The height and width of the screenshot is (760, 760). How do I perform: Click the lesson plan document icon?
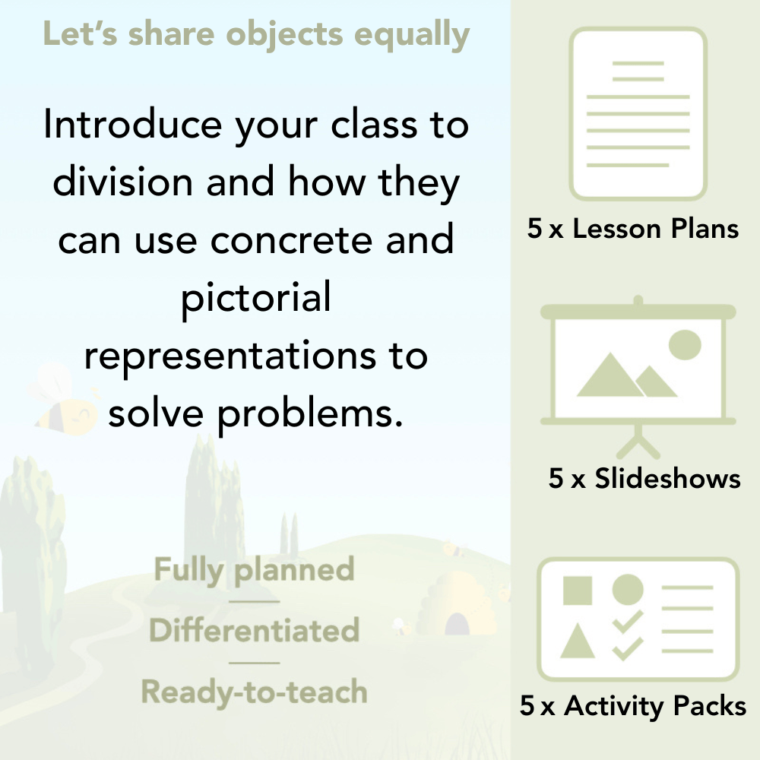point(638,114)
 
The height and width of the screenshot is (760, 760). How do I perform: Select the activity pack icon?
point(638,619)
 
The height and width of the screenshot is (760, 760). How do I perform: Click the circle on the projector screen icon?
point(684,344)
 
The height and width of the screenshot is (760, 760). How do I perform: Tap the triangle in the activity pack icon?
point(578,642)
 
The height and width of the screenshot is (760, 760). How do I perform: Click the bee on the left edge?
point(61,403)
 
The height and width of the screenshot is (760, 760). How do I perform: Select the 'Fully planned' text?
point(255,569)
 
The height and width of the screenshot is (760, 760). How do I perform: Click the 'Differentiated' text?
point(255,630)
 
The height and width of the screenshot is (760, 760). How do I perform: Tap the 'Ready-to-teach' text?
point(255,692)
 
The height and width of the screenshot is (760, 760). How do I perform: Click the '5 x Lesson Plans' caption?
point(633,229)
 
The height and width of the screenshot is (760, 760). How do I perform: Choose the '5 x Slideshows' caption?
point(644,478)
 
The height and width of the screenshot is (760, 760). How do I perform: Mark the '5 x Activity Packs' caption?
point(633,706)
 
